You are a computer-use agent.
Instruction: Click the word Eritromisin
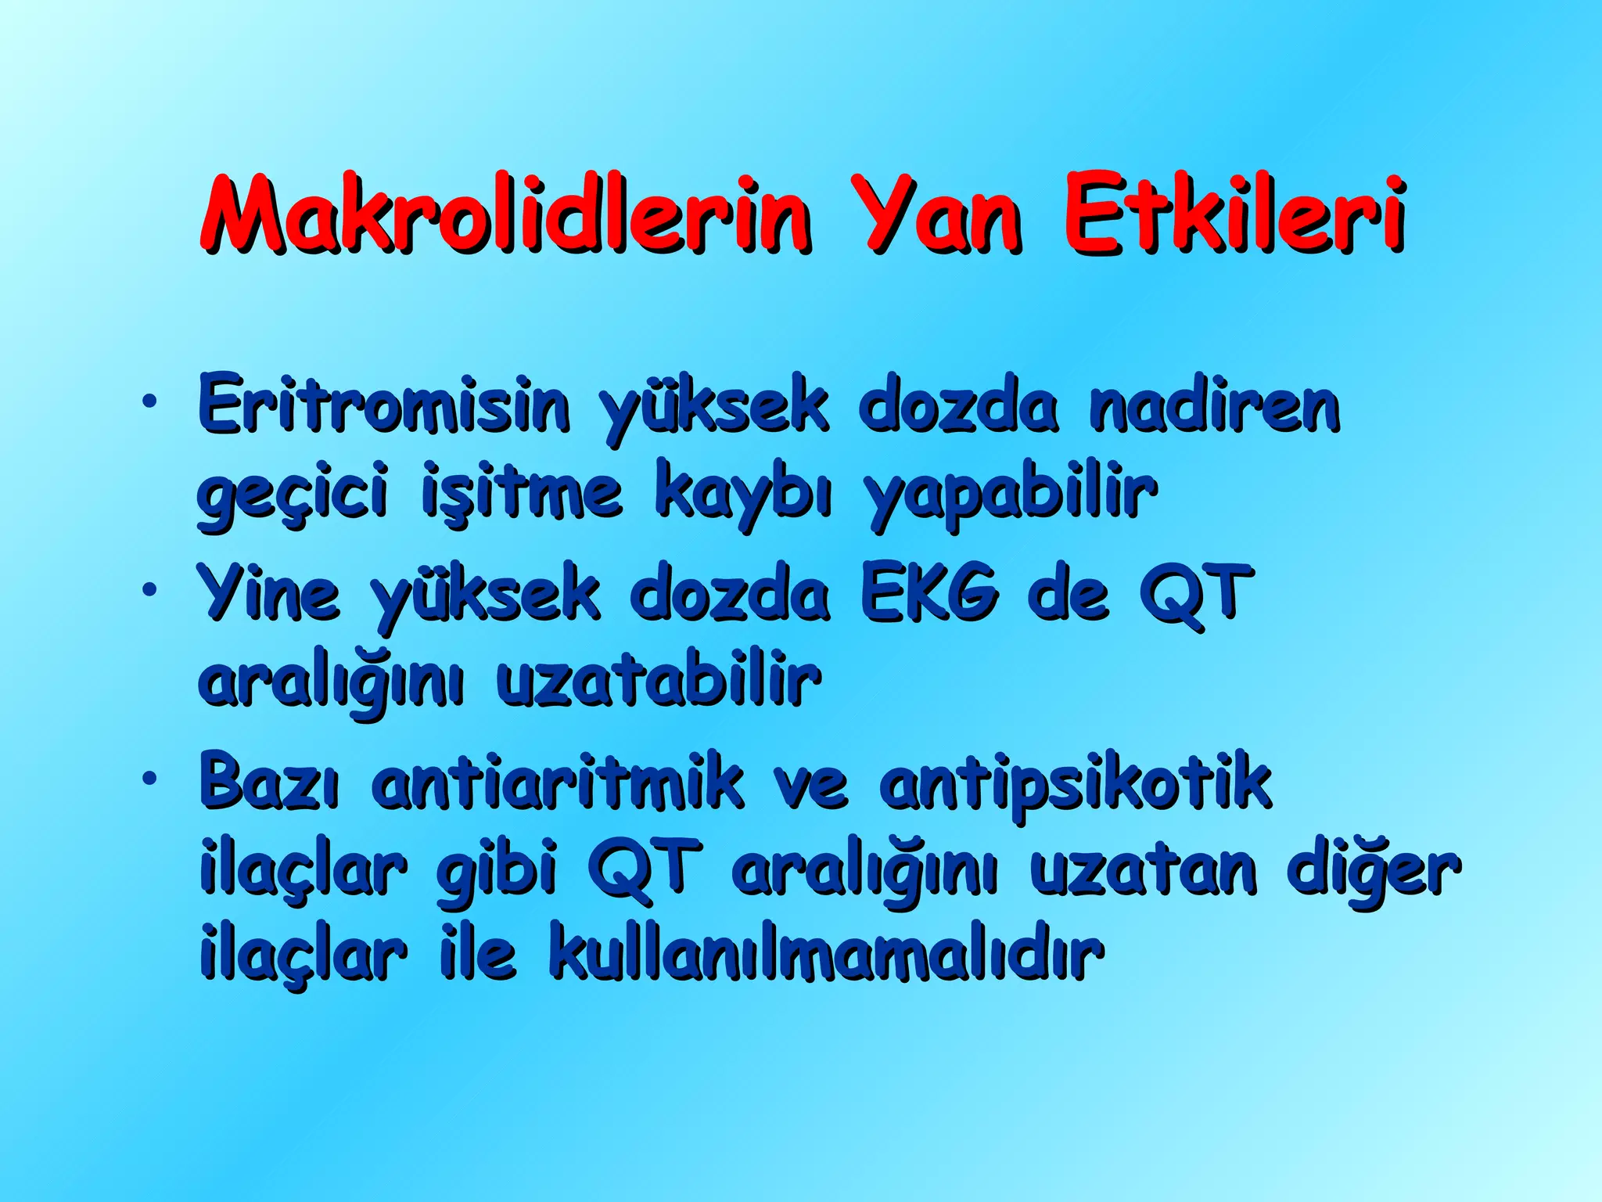point(383,405)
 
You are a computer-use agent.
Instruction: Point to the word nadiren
point(1215,405)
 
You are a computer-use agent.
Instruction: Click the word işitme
point(522,491)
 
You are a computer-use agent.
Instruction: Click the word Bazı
point(270,780)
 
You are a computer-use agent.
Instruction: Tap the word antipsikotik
point(1076,780)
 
